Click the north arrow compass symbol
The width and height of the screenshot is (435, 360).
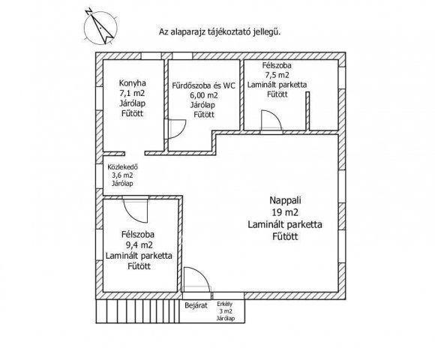100,27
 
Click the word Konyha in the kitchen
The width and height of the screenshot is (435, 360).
132,83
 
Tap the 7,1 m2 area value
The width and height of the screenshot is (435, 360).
132,93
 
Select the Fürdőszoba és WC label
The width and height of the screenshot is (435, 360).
204,85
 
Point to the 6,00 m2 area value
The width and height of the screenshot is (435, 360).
204,95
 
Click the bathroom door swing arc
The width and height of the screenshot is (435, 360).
180,132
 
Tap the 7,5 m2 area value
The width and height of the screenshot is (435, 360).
277,75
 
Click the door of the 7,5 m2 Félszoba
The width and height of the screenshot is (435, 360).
271,120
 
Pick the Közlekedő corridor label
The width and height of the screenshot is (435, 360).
122,167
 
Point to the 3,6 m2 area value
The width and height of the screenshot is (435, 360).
122,175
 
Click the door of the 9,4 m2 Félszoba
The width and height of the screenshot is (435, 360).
136,210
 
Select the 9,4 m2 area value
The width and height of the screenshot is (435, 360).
139,245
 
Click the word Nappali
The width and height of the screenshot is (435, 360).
286,200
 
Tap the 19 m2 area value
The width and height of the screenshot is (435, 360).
285,212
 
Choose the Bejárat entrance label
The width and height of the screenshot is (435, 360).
196,306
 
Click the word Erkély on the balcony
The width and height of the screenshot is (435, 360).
225,304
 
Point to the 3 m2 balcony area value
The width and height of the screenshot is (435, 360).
226,311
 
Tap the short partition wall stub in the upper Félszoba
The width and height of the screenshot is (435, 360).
307,111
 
